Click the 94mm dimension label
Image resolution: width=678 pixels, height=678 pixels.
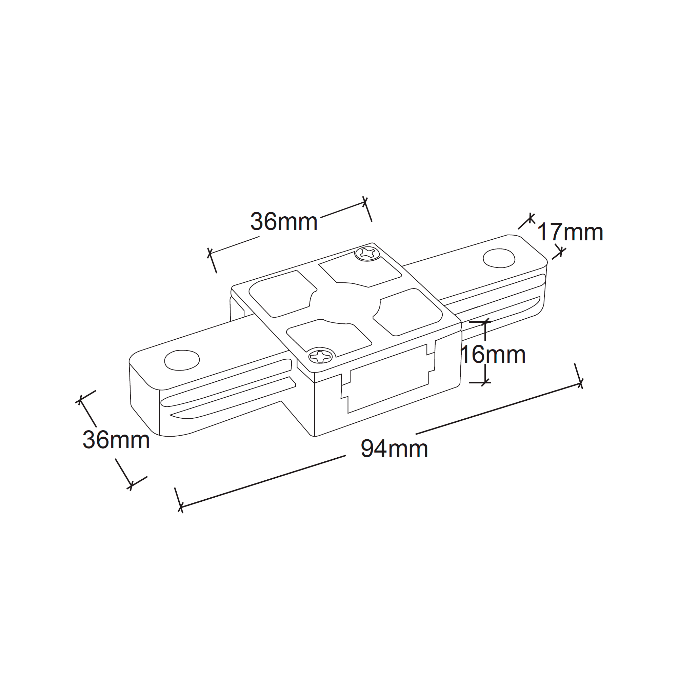[x=394, y=448]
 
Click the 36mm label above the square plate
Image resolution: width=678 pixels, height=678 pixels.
[x=284, y=221]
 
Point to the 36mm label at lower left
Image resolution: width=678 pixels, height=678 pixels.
[x=116, y=439]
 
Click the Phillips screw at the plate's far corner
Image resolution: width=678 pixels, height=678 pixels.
[x=367, y=254]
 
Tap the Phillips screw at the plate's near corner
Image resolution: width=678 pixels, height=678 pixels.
[x=320, y=357]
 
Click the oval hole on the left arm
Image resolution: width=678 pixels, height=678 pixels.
[x=182, y=360]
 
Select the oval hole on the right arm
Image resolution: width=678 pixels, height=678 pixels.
[x=499, y=258]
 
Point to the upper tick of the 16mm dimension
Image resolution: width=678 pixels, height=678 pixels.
[x=485, y=321]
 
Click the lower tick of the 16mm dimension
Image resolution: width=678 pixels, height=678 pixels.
[x=485, y=382]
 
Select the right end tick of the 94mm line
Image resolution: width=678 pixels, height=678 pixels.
[x=580, y=383]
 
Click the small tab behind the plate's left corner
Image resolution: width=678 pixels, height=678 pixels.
[x=237, y=309]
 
